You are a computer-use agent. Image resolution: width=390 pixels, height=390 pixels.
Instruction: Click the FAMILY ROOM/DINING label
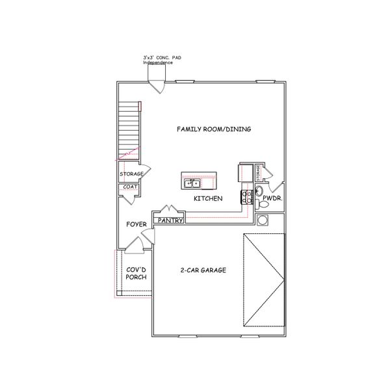(214, 129)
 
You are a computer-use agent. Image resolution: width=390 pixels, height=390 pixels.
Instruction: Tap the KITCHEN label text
(208, 198)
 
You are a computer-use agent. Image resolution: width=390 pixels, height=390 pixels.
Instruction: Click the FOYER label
(136, 224)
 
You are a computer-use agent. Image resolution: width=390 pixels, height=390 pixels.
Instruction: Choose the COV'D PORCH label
(136, 273)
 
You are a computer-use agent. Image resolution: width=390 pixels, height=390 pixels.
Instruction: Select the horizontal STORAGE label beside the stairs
(131, 174)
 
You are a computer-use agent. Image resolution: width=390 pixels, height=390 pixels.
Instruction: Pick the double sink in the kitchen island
(192, 183)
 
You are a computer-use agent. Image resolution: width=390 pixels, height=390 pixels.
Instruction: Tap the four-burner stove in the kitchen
(247, 197)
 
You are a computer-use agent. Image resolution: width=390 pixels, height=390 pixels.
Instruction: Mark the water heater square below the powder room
(263, 220)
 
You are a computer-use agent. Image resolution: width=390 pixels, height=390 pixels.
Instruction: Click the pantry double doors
(169, 211)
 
